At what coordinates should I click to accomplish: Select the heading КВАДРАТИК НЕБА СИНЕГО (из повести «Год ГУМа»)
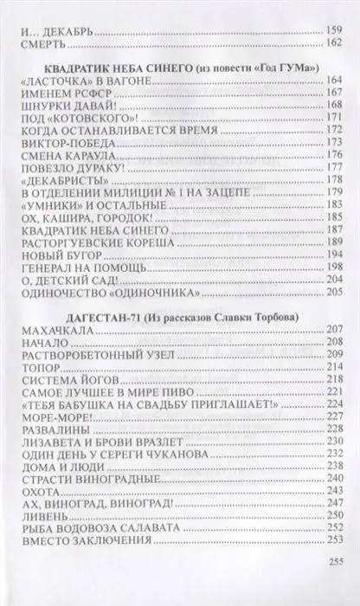pos(181,68)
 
